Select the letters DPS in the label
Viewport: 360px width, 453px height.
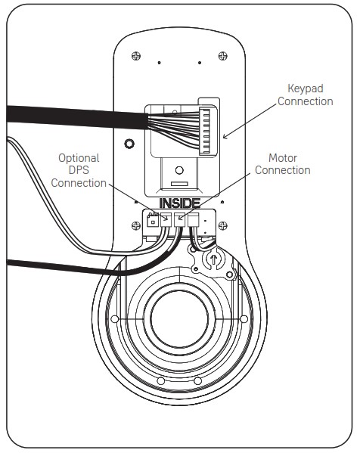pos(79,171)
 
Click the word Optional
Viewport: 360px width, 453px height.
pos(79,158)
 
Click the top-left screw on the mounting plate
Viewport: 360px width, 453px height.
pos(136,55)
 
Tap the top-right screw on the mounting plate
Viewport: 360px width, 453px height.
pos(222,55)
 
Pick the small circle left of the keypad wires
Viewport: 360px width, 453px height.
pos(129,144)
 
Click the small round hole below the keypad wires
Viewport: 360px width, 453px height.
pos(178,171)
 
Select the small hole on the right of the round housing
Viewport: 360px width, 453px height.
pos(243,320)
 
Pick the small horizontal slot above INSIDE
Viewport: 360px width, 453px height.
pos(178,184)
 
